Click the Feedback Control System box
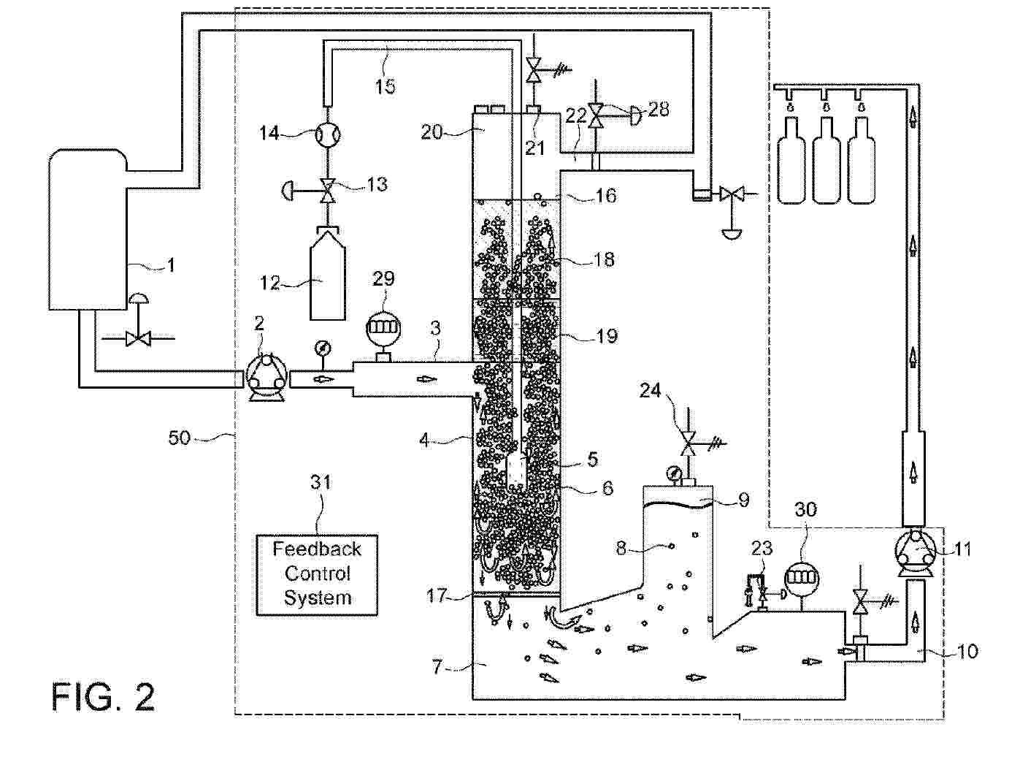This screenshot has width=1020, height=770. pos(317,574)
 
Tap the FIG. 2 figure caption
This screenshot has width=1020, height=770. pos(103,696)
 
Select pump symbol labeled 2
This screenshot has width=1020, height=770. pos(266,378)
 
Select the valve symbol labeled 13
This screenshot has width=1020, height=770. pos(328,192)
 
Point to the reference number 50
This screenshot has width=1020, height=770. pos(180,438)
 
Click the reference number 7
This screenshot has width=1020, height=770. pos(437,666)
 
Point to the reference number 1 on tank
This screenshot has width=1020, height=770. pos(171,264)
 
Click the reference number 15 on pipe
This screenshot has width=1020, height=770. pos(386,85)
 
